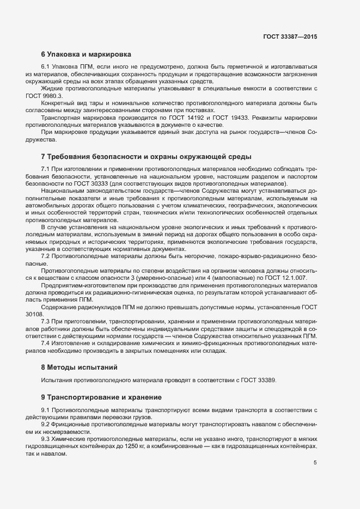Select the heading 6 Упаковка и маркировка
point(86,54)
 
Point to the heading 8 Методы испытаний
point(79,367)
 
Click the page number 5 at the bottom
point(315,463)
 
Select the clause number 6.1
point(46,66)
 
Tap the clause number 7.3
point(46,321)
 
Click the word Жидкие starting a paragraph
point(53,88)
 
